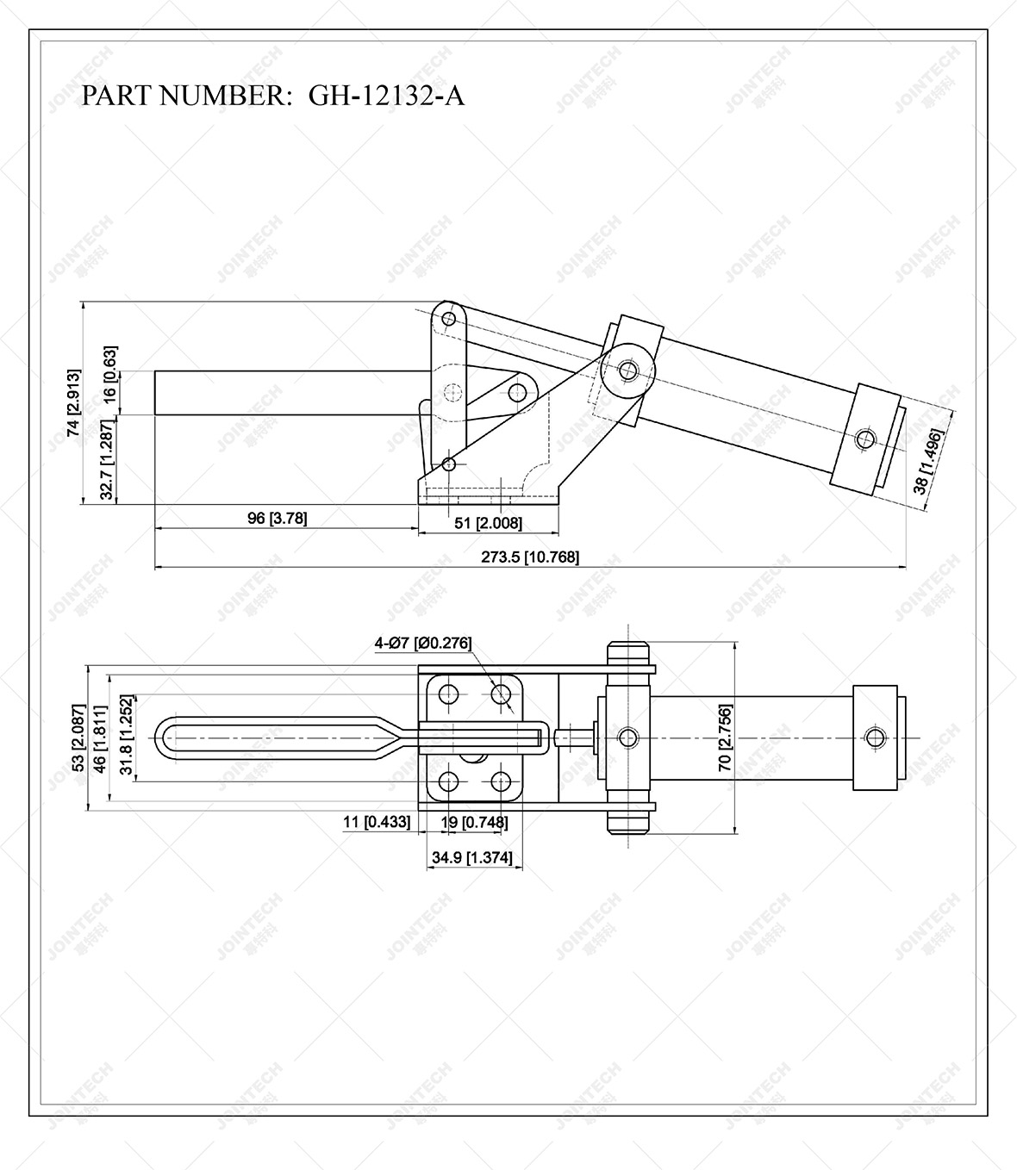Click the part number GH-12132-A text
tap(272, 95)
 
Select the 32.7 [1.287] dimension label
tap(106, 460)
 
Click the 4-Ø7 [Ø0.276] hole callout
tap(422, 643)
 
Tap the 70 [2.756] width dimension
tap(725, 738)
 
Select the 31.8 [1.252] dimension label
tap(126, 738)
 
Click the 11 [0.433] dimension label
tap(376, 823)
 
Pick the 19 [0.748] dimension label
tap(475, 823)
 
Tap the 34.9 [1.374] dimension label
tap(471, 857)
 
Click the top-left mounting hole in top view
tap(448, 694)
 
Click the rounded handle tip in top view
tap(163, 738)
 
